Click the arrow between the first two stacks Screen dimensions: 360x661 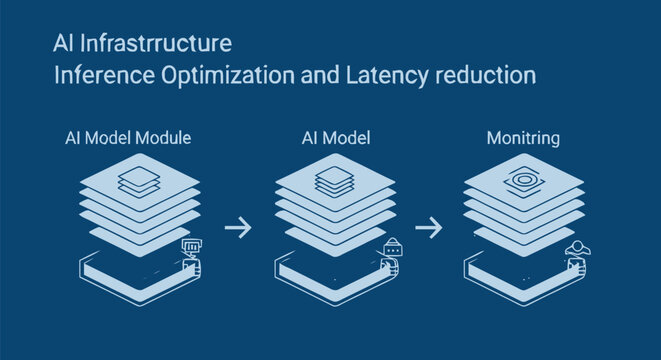237,228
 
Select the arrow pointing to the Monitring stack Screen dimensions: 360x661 428,228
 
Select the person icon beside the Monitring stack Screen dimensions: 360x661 576,250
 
